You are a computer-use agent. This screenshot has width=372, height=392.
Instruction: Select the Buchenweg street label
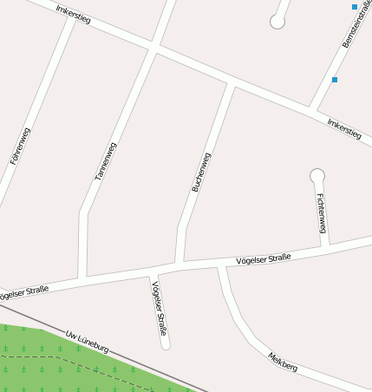[200, 172]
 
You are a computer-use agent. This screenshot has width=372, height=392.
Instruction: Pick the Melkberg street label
[283, 362]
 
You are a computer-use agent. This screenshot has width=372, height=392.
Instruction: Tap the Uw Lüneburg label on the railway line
[88, 341]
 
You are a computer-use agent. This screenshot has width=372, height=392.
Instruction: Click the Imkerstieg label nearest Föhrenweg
[73, 14]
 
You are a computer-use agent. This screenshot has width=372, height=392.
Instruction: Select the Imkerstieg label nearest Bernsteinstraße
[343, 129]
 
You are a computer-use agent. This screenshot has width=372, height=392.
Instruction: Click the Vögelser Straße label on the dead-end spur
[159, 309]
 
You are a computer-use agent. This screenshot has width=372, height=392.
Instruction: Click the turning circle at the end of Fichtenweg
[317, 175]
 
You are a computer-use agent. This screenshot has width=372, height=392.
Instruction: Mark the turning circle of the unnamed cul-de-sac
[277, 22]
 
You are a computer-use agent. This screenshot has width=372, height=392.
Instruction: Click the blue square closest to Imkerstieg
[335, 80]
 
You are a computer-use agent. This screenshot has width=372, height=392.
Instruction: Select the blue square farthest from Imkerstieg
[354, 7]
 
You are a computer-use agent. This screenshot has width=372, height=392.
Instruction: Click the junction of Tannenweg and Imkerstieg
[153, 47]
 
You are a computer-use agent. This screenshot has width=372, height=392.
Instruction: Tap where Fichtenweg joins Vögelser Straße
[326, 245]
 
